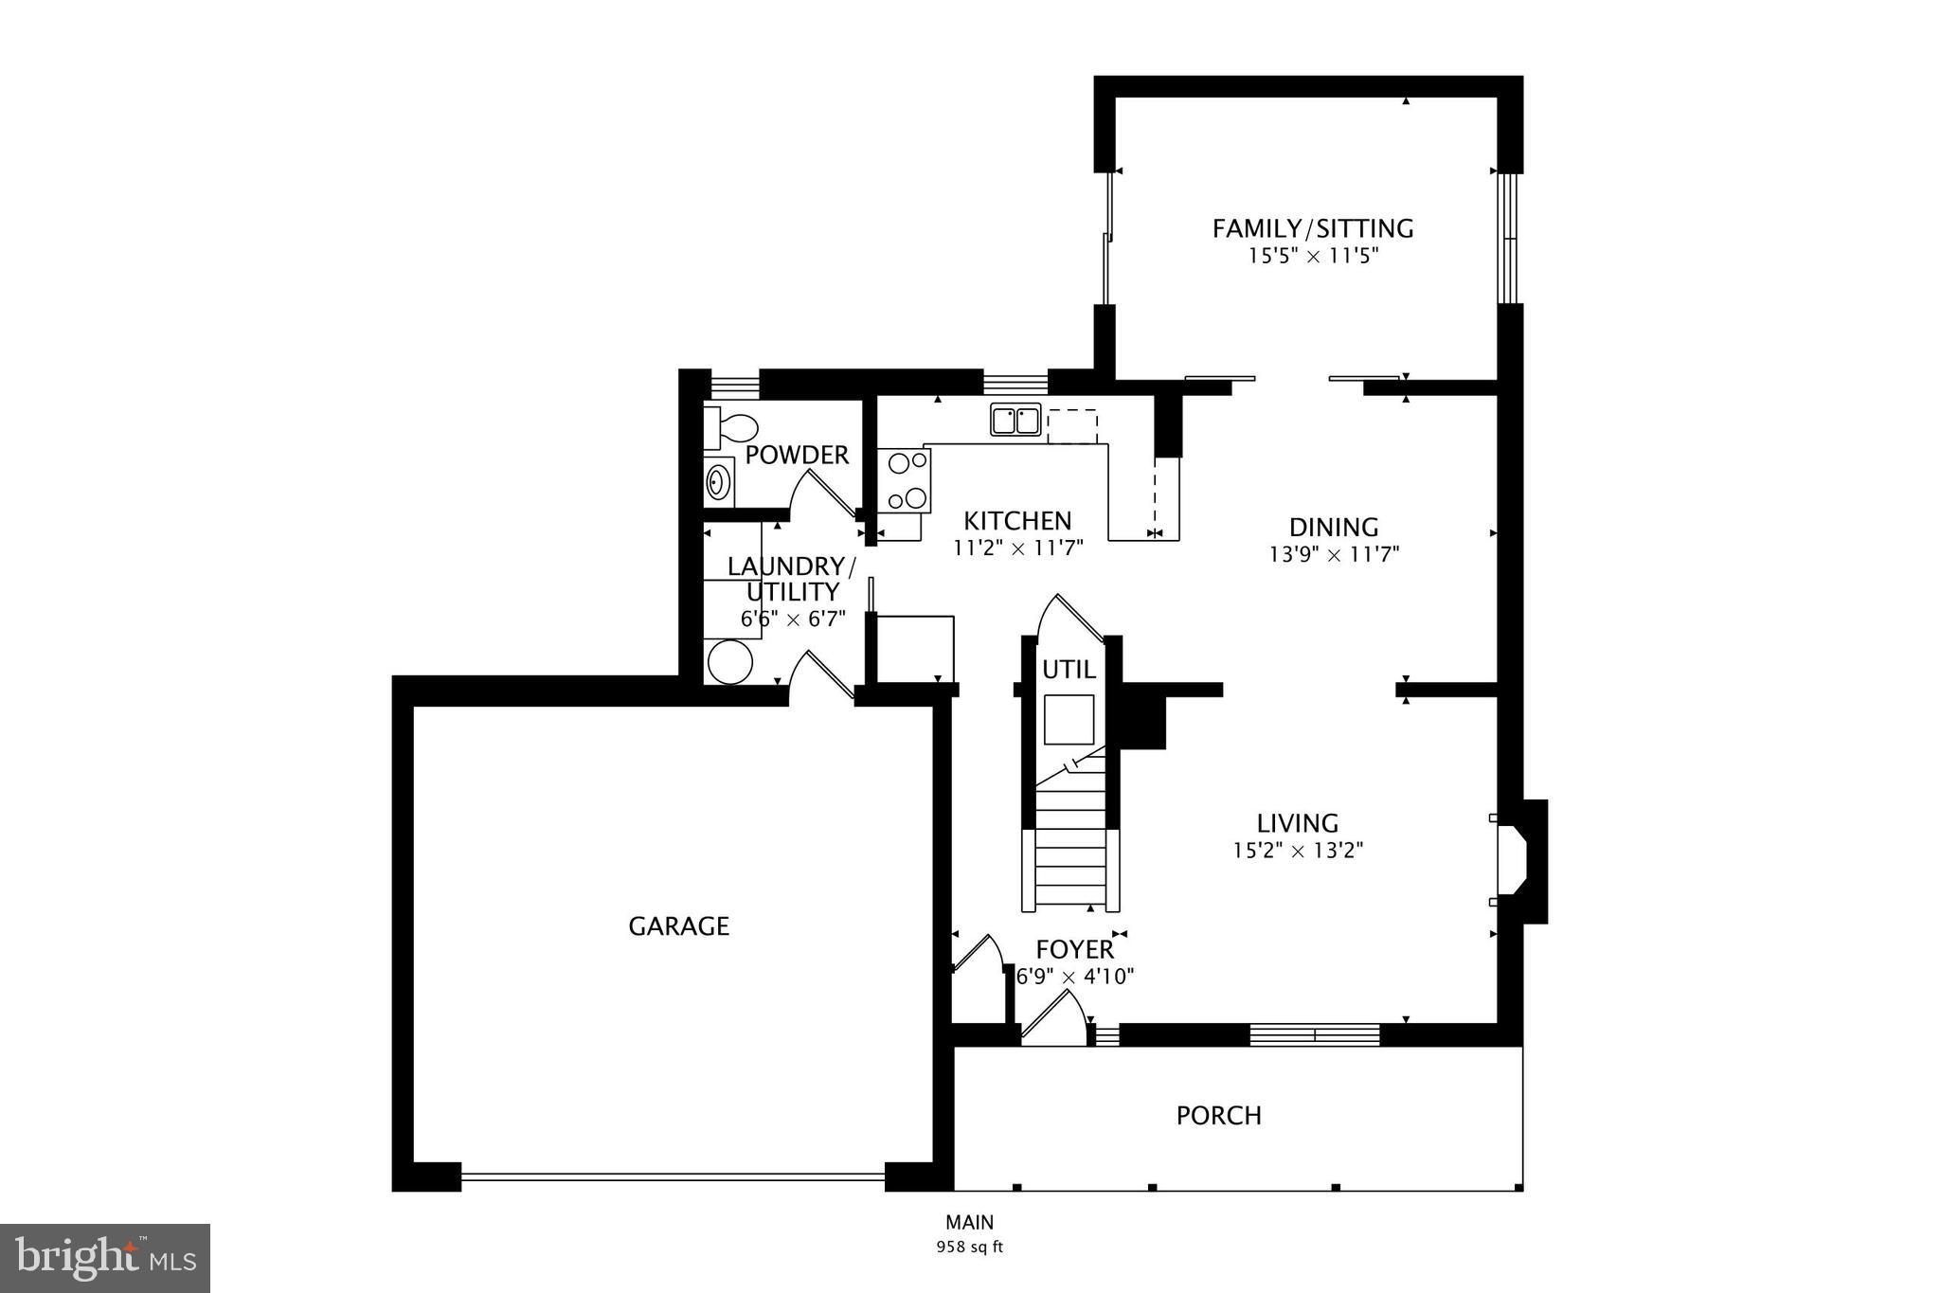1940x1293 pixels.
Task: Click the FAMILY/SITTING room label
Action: (x=1313, y=228)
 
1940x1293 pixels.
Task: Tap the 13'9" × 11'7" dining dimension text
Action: (x=1334, y=554)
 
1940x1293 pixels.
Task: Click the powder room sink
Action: (x=719, y=482)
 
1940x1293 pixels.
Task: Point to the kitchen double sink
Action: (x=1015, y=419)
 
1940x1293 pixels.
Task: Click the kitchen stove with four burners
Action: (x=905, y=480)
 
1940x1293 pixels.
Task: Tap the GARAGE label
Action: (x=678, y=926)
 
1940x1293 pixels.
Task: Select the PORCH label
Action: (x=1218, y=1116)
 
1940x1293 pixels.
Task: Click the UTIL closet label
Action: (x=1069, y=670)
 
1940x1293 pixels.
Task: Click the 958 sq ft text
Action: (x=969, y=1248)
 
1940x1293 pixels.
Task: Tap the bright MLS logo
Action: (x=105, y=1258)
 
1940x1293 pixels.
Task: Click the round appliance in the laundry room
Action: (x=729, y=661)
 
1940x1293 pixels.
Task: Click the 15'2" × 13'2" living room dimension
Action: (x=1297, y=851)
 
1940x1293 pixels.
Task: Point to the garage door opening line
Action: (x=673, y=1177)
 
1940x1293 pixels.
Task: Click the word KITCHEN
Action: (x=1017, y=521)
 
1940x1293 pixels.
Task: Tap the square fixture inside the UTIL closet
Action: (x=1069, y=719)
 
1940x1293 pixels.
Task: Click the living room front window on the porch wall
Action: (x=1315, y=1035)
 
